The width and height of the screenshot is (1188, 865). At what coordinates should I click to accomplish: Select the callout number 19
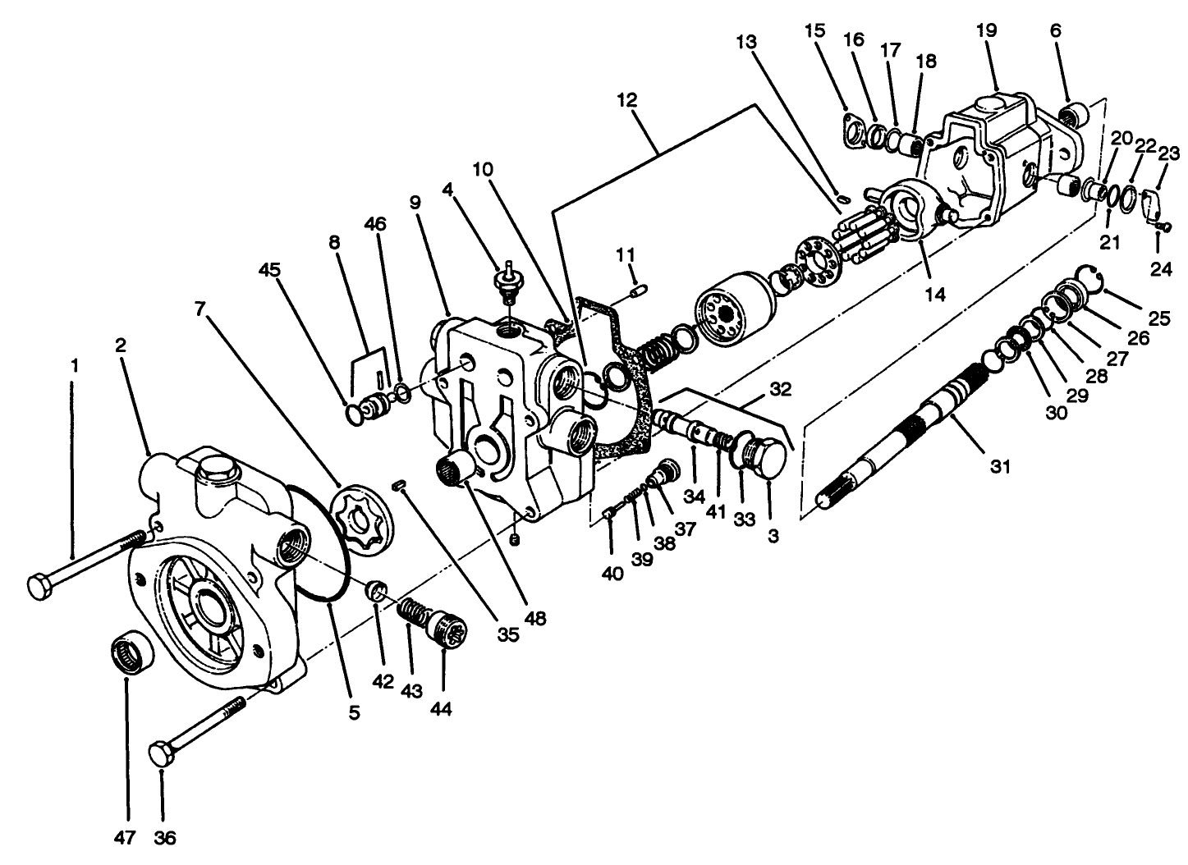pyautogui.click(x=986, y=30)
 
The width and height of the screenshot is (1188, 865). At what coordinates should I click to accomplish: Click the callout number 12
pyautogui.click(x=627, y=100)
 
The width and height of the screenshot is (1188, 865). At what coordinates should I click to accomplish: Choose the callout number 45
pyautogui.click(x=269, y=269)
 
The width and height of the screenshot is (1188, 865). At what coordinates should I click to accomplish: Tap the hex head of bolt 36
pyautogui.click(x=160, y=753)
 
